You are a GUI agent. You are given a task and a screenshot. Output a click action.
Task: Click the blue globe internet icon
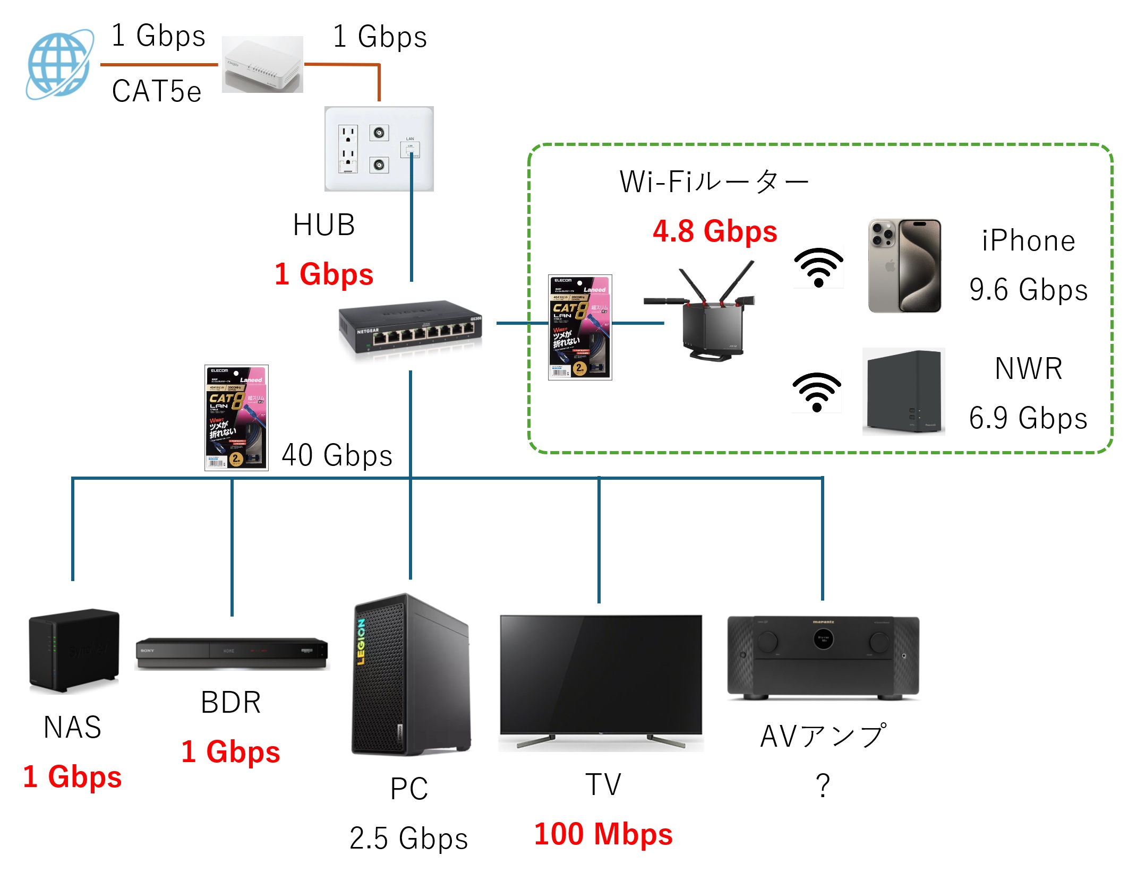tap(59, 64)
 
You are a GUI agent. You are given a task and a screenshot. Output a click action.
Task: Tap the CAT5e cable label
tap(157, 91)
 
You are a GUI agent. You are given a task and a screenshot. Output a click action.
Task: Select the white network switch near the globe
tap(262, 65)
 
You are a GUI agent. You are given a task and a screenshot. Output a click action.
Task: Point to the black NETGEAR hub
tap(411, 330)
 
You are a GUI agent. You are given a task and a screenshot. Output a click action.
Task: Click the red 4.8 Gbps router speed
tap(715, 231)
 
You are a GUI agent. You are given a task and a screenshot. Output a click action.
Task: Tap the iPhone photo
tap(904, 266)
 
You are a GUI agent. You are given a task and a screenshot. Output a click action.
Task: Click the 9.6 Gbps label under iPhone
tap(1028, 290)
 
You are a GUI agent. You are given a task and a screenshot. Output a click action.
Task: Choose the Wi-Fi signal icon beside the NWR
tap(817, 392)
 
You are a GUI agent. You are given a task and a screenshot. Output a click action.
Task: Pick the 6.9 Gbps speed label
tap(1028, 418)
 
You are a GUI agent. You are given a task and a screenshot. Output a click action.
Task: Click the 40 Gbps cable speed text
tap(337, 455)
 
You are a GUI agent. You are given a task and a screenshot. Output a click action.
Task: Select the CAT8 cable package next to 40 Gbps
tap(236, 418)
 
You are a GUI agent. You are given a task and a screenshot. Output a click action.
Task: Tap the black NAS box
tap(74, 651)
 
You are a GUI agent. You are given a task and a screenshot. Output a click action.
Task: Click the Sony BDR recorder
tap(232, 653)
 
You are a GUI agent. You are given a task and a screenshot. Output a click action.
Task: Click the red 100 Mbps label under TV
tap(603, 834)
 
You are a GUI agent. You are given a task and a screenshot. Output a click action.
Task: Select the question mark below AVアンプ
tap(823, 785)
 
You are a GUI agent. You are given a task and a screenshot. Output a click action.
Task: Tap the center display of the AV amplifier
tap(823, 639)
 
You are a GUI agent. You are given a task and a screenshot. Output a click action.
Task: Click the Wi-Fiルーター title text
tap(714, 182)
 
